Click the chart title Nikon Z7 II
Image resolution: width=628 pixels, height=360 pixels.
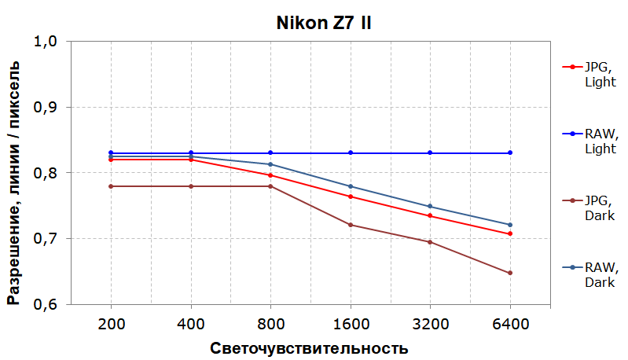coord(323,22)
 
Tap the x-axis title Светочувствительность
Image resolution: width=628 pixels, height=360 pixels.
coord(309,347)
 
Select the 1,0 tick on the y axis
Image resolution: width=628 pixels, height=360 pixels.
coord(49,41)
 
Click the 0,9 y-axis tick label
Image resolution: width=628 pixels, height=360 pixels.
coord(49,107)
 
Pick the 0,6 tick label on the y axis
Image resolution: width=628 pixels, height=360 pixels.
coord(49,304)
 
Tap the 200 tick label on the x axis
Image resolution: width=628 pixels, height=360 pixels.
coord(111,323)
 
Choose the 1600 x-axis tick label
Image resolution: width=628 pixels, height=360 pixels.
coord(351,323)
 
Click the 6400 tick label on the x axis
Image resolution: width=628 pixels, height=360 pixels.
coord(510,323)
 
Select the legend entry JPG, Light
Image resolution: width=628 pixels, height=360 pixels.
coord(596,75)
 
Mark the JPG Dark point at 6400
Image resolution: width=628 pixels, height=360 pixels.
coord(510,273)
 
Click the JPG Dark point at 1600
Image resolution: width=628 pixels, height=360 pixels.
coord(351,225)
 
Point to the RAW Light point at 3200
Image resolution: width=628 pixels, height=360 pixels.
coord(430,152)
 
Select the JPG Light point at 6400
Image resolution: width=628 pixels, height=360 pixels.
coord(510,233)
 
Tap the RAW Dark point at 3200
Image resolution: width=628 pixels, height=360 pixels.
coord(430,207)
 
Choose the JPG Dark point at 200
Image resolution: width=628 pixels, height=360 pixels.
coord(111,186)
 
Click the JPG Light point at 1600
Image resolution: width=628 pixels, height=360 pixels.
coord(351,197)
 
